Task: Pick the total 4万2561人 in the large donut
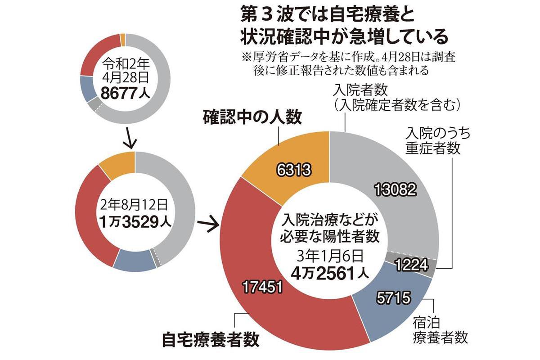pos(329,273)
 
